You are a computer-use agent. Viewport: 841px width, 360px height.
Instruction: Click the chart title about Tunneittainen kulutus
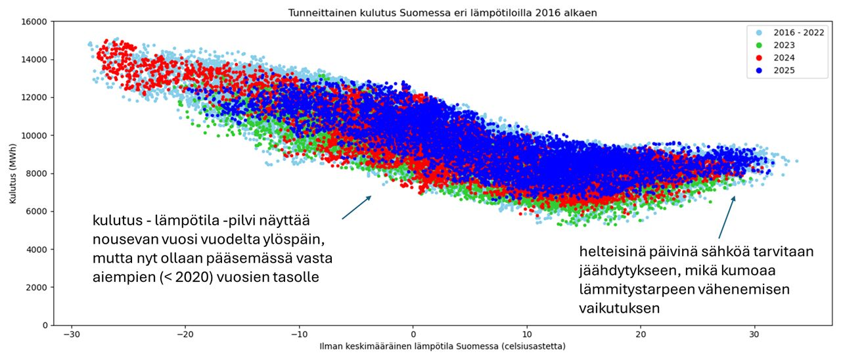point(443,13)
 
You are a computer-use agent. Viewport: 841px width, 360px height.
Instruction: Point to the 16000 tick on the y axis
point(34,22)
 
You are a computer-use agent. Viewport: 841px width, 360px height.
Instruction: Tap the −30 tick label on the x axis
point(71,334)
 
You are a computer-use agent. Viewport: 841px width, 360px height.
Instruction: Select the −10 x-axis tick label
point(299,334)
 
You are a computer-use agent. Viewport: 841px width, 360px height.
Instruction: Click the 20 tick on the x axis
point(641,334)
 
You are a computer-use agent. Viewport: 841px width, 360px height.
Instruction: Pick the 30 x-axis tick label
point(755,334)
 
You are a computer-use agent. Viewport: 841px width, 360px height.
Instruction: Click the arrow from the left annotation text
point(357,207)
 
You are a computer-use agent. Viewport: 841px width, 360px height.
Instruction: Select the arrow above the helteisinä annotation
point(727,217)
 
